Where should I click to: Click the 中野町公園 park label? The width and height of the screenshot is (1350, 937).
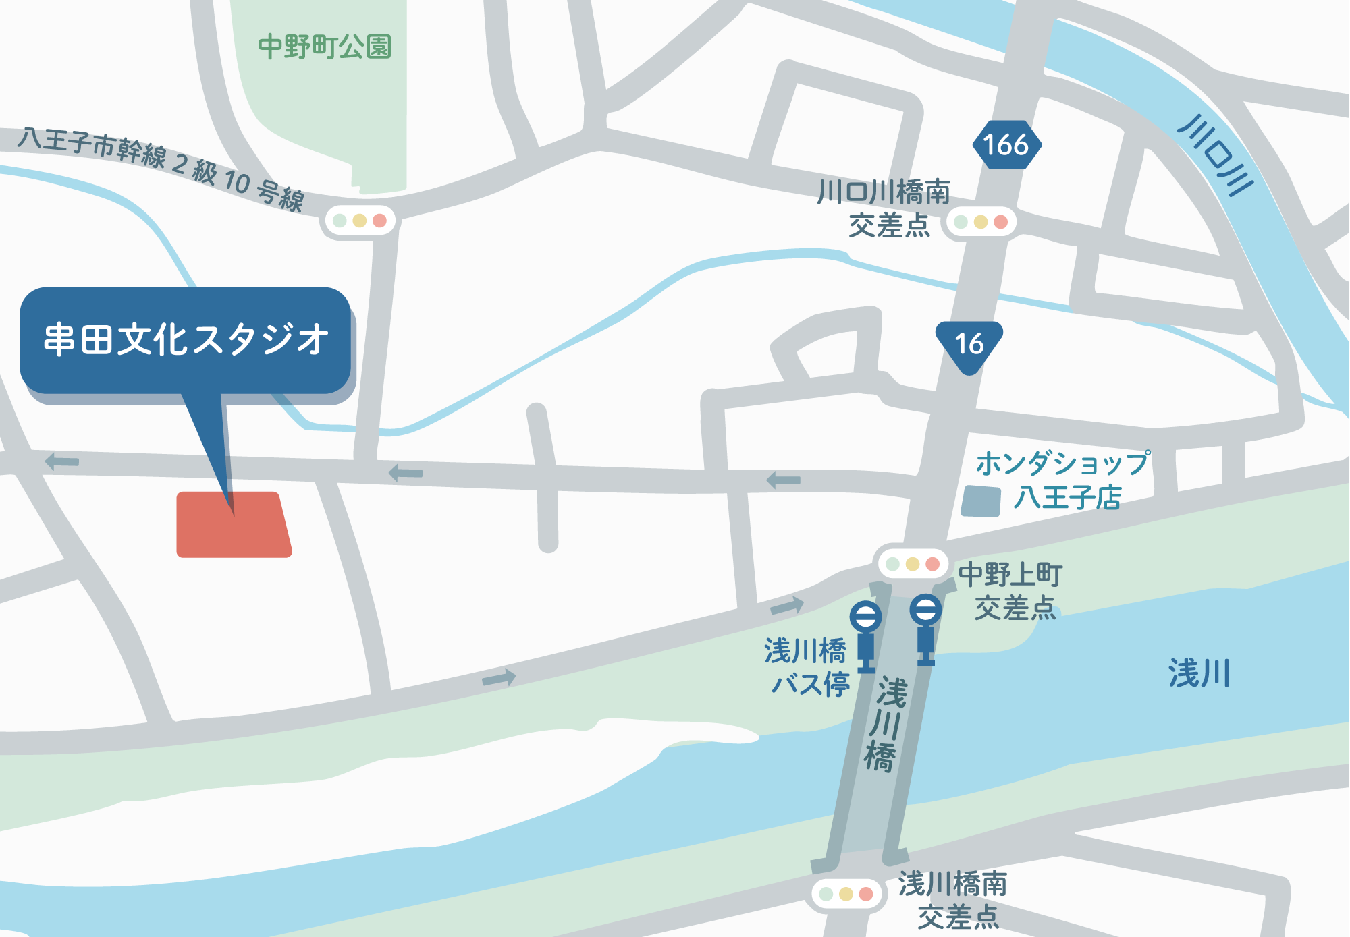325,47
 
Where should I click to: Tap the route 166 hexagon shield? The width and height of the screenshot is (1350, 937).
1006,145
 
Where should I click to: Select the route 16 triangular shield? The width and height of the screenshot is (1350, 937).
969,344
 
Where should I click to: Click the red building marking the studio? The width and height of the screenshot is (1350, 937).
233,525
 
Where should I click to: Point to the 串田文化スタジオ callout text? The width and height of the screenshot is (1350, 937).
186,339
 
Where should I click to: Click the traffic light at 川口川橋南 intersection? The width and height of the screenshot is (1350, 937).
981,222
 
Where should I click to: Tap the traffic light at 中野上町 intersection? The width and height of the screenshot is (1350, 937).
912,564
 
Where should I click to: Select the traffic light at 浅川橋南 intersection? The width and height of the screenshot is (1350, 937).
846,894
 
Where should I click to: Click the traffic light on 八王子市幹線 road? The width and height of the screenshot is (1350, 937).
360,221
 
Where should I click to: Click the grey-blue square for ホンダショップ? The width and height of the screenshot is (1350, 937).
981,501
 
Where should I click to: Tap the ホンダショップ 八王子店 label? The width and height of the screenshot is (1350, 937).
1063,480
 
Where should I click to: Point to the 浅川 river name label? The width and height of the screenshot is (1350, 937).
1199,673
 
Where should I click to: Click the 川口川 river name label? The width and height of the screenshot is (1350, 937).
1216,156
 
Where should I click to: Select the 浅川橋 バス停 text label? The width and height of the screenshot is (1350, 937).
807,667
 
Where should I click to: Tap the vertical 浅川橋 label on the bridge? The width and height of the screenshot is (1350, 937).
885,725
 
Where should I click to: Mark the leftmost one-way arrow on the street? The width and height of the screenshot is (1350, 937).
62,461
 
